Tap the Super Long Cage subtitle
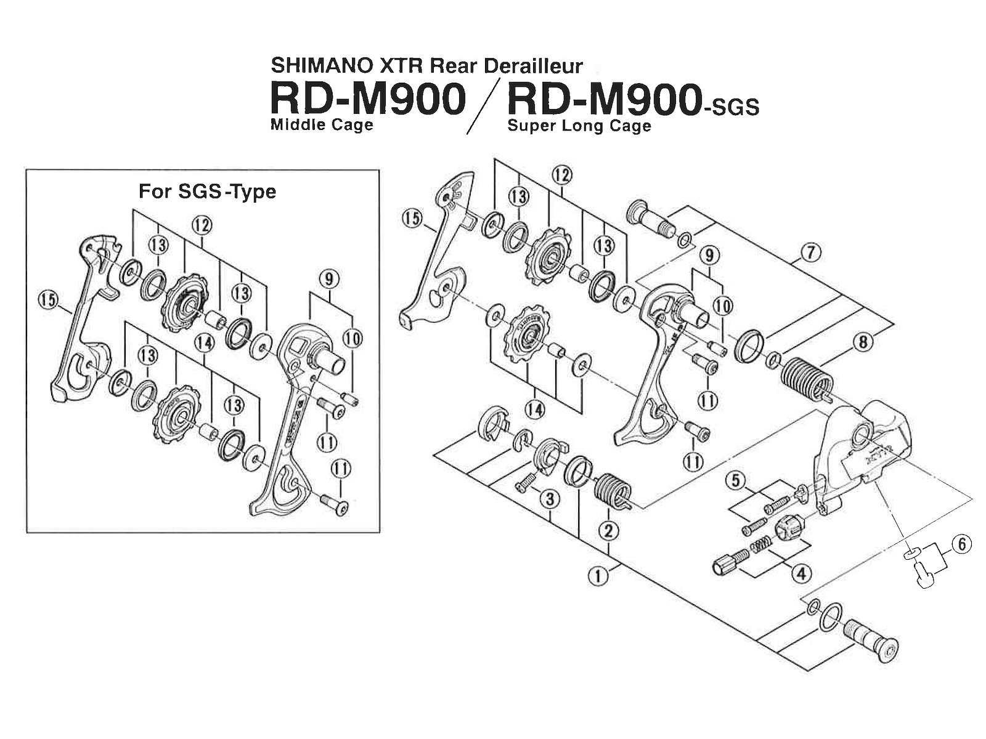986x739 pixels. (x=579, y=126)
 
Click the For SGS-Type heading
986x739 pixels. (x=206, y=192)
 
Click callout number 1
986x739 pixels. (x=597, y=577)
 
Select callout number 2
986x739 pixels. (x=608, y=530)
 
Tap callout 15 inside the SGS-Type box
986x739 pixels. (x=47, y=301)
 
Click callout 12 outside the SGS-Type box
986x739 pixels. (x=561, y=175)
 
